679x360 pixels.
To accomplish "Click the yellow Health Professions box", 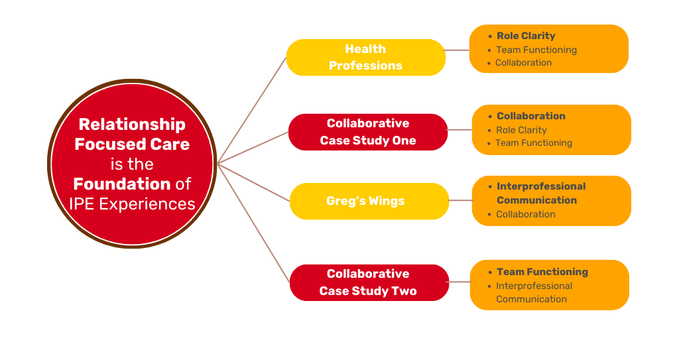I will click(365, 58).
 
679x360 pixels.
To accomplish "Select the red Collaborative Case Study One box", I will click(368, 132).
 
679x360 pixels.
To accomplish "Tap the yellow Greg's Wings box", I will click(365, 201).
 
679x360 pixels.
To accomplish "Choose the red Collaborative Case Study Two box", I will click(368, 282).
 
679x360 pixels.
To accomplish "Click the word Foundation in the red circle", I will click(122, 184).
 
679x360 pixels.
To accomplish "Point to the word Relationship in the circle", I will click(132, 125).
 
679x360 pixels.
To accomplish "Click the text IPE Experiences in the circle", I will click(132, 204).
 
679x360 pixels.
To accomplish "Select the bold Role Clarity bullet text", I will click(526, 36).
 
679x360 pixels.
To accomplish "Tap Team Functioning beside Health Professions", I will click(536, 50).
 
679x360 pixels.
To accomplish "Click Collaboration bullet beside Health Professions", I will click(523, 62).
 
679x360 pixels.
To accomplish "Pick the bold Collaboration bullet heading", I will click(531, 116).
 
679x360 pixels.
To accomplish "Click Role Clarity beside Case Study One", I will click(521, 130).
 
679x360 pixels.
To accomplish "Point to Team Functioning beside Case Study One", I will click(533, 143).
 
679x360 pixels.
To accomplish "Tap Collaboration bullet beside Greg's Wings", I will click(526, 214).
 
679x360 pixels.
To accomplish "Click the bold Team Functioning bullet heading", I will click(542, 272).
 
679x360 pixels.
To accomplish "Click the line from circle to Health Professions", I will click(252, 109).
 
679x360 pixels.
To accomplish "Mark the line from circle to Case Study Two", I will click(254, 223).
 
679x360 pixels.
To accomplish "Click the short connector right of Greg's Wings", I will click(460, 200).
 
